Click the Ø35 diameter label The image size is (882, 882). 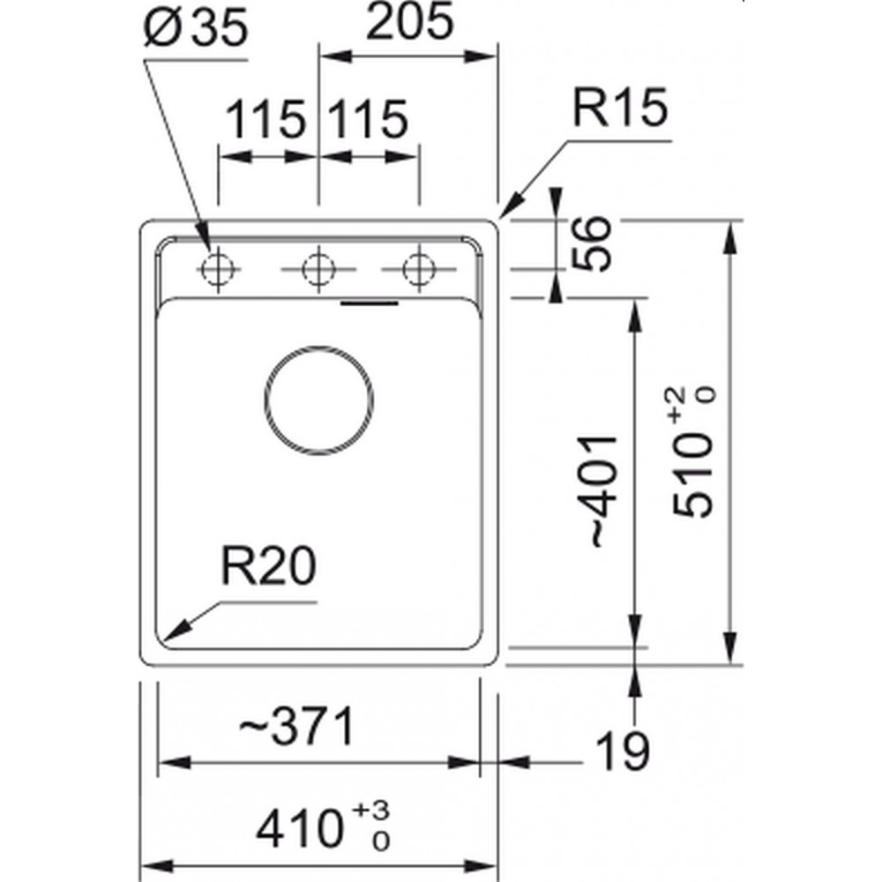point(195,28)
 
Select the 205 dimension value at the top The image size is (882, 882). point(409,22)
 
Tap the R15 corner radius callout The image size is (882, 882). point(620,107)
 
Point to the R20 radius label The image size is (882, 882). point(269,566)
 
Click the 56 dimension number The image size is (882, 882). point(591,243)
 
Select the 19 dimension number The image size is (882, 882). point(622,751)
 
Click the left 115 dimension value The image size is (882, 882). point(265,119)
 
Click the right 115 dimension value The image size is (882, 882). point(367,119)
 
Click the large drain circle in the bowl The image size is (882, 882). point(318,347)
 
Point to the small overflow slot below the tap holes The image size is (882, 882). point(370,303)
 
